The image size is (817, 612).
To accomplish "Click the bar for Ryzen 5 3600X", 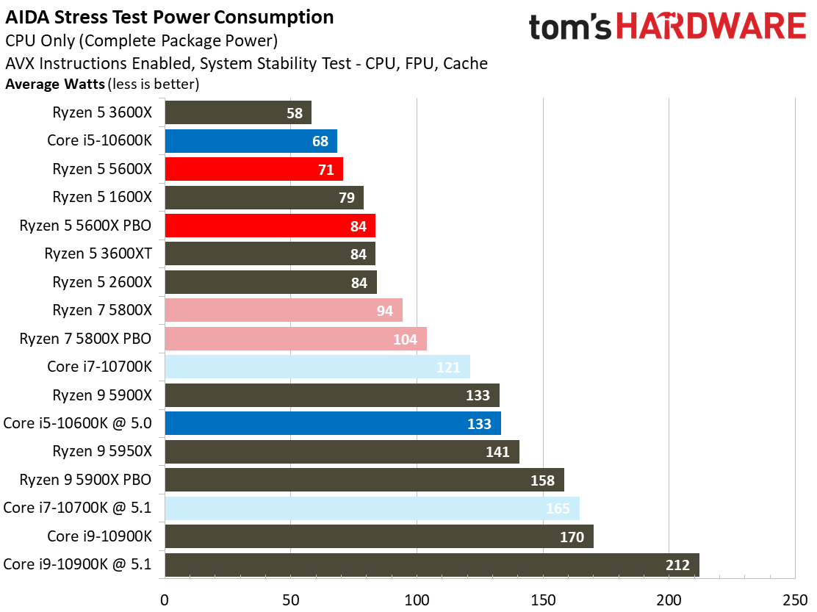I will tap(237, 112).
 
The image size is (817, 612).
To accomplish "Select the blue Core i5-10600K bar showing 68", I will tap(251, 141).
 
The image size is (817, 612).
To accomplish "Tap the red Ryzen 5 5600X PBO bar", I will tap(270, 226).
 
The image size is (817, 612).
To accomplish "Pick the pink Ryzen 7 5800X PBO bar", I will tap(295, 339).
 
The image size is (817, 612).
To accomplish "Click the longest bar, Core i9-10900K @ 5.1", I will tap(431, 565).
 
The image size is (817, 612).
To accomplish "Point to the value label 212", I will tap(677, 565).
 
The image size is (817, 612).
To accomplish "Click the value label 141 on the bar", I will tap(497, 452).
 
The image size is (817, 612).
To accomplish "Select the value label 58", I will tap(294, 113).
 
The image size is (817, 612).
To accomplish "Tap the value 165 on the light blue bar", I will tap(558, 508).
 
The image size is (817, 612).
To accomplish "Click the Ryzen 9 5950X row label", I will tap(102, 452).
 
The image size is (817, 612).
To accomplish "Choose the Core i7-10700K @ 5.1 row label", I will tap(77, 508).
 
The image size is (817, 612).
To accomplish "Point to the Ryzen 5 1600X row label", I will tap(102, 197).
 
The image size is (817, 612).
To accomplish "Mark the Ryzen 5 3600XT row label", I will tap(98, 253).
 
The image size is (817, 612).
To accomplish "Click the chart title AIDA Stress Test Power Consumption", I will tap(170, 17).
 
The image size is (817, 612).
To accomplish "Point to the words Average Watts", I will tap(55, 84).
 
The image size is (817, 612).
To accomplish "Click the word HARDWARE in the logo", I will tap(710, 28).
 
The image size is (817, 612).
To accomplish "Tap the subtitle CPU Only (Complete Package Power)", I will tap(141, 41).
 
